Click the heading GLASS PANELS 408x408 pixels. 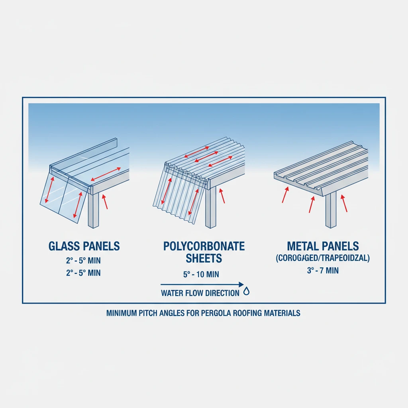(x=84, y=246)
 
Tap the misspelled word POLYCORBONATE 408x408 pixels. (x=204, y=246)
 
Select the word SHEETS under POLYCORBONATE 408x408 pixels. (x=204, y=258)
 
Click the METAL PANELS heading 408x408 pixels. (x=323, y=246)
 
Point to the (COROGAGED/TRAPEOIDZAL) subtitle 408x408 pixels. (x=323, y=258)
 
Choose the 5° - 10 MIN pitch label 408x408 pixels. (x=198, y=275)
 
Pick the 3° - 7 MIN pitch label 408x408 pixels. (x=323, y=271)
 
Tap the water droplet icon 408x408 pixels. (x=247, y=292)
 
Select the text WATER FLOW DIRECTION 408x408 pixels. (x=200, y=293)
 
